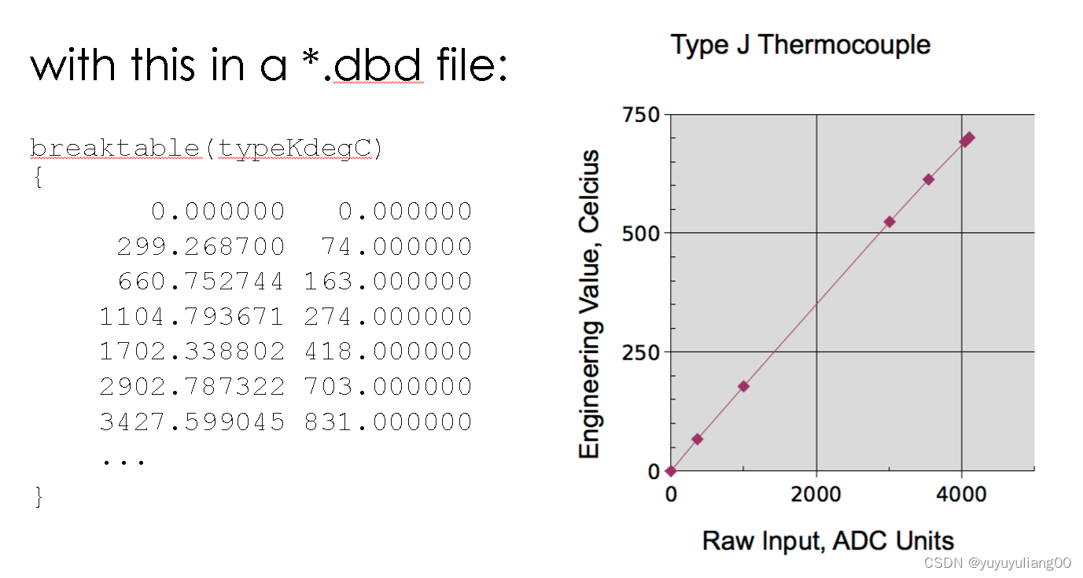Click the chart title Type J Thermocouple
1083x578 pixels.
point(801,46)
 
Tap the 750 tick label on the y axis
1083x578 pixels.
point(641,115)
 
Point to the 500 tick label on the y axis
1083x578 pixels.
point(641,234)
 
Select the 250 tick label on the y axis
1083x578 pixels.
point(641,353)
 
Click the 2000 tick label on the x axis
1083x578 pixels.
point(816,495)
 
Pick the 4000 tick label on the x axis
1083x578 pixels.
point(961,495)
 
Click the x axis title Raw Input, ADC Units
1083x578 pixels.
point(828,541)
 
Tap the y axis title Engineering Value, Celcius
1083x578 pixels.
point(589,304)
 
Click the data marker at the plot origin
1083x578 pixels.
point(671,471)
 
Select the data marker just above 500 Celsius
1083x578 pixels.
point(889,222)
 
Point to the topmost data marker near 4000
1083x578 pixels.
point(968,138)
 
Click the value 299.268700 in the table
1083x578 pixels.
point(201,246)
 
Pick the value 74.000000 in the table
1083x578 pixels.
point(396,246)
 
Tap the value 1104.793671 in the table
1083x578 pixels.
point(191,317)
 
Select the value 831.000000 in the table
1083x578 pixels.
point(389,422)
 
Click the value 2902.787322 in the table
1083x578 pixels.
point(192,387)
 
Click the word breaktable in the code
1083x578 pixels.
point(115,148)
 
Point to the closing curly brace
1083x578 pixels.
point(39,497)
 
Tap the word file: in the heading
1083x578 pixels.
point(472,64)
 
